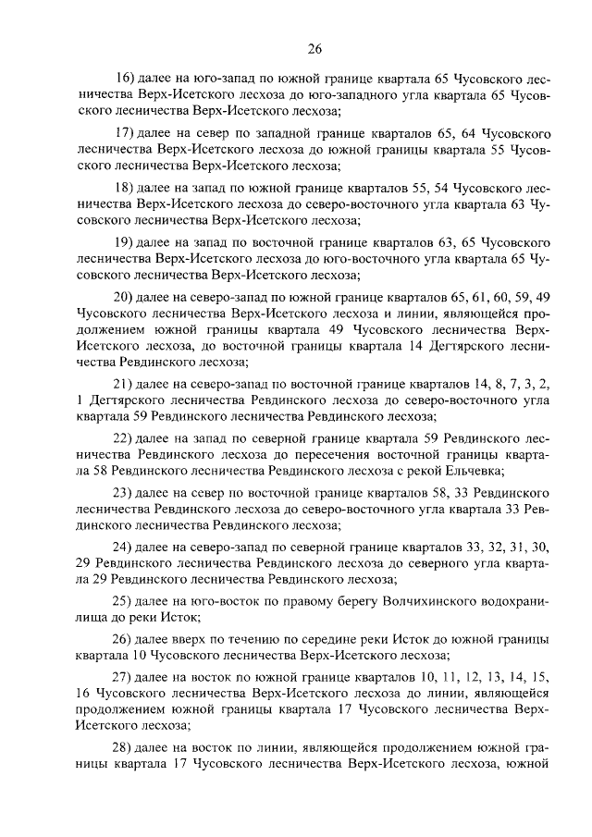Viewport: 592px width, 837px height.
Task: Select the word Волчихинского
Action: [424, 602]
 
